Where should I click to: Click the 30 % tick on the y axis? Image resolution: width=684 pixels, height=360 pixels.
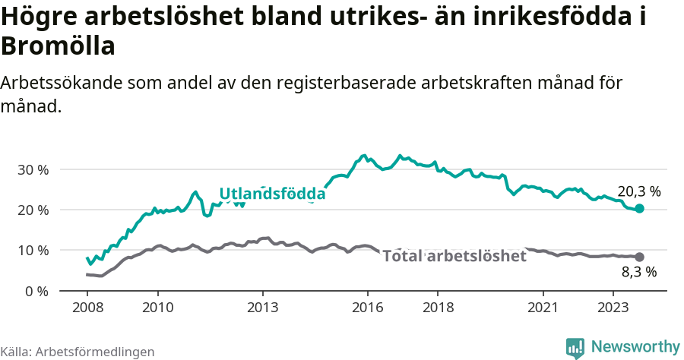[x=33, y=169]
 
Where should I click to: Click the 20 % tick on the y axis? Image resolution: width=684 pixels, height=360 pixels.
[x=33, y=210]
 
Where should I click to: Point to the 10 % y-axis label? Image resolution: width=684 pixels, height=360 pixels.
[x=33, y=251]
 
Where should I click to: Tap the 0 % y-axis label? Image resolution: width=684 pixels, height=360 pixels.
[x=36, y=291]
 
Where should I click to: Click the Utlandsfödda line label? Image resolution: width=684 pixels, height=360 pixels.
[x=272, y=194]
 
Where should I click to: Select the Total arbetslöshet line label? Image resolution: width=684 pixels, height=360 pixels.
[x=454, y=256]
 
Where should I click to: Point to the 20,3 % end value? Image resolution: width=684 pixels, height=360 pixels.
[x=638, y=191]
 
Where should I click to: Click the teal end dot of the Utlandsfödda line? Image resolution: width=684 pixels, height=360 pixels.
[x=639, y=209]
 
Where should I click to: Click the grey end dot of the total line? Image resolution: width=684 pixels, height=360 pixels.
[x=639, y=257]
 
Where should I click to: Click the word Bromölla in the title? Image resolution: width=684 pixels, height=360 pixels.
[x=59, y=47]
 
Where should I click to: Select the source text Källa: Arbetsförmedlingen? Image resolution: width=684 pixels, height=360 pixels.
[x=78, y=352]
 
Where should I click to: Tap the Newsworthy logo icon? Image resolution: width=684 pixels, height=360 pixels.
[x=575, y=348]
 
